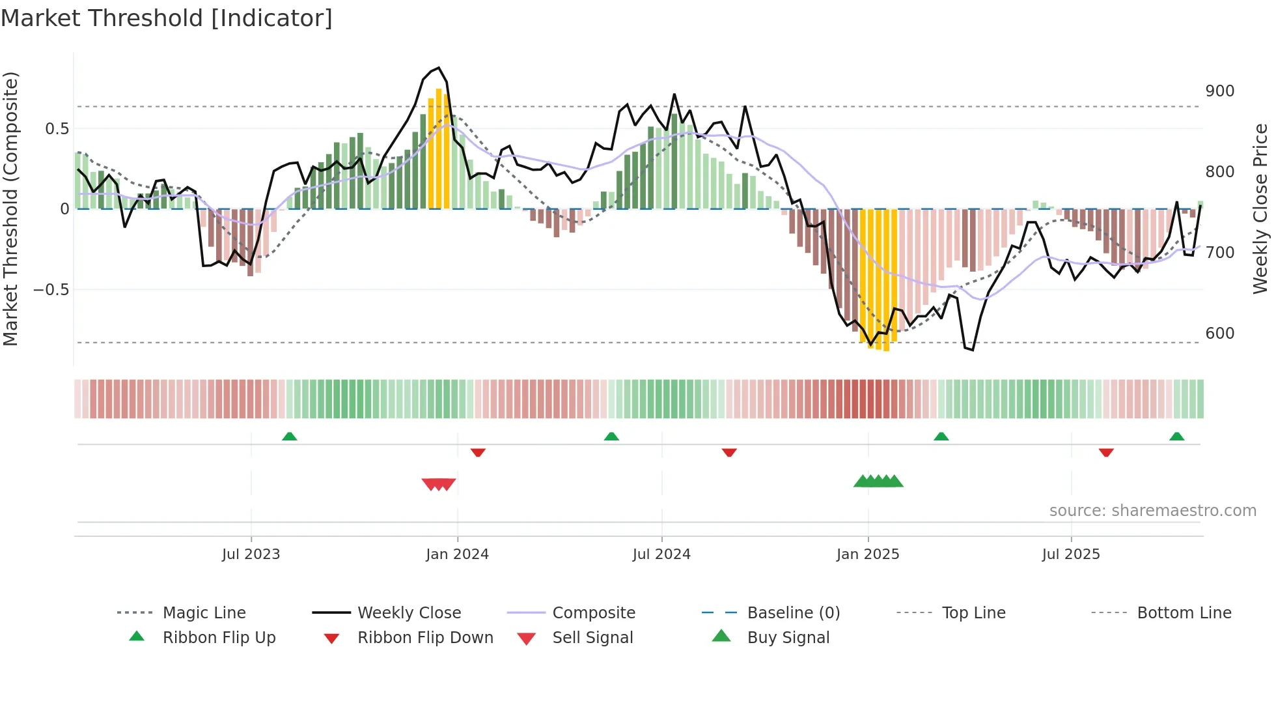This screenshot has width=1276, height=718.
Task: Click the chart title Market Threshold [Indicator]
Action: click(167, 18)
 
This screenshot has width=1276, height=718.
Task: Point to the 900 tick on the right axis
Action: click(1219, 91)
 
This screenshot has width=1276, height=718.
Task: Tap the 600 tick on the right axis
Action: click(1219, 334)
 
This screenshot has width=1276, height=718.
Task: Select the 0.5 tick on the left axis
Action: click(57, 129)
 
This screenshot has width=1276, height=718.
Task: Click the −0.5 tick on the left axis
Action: click(51, 290)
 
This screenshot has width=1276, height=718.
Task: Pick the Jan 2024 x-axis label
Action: click(457, 554)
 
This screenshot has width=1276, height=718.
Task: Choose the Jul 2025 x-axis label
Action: click(1070, 554)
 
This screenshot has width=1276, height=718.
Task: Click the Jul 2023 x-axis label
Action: click(251, 554)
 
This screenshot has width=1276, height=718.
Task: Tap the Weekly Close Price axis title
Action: click(1260, 208)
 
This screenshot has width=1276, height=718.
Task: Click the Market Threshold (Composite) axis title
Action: click(11, 208)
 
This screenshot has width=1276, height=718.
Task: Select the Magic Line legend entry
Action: click(204, 613)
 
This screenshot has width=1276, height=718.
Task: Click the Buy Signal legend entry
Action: click(788, 638)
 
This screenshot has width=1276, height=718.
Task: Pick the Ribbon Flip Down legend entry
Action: click(424, 638)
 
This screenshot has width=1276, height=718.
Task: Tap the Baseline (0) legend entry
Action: click(793, 613)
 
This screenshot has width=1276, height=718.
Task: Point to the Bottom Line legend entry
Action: click(1184, 613)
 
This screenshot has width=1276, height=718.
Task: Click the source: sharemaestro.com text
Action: click(1152, 511)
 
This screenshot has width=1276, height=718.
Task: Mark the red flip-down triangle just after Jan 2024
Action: click(478, 452)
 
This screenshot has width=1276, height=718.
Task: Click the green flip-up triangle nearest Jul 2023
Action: click(290, 436)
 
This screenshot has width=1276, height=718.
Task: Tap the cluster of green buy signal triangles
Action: click(878, 481)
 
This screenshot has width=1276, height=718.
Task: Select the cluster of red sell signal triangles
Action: click(439, 484)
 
